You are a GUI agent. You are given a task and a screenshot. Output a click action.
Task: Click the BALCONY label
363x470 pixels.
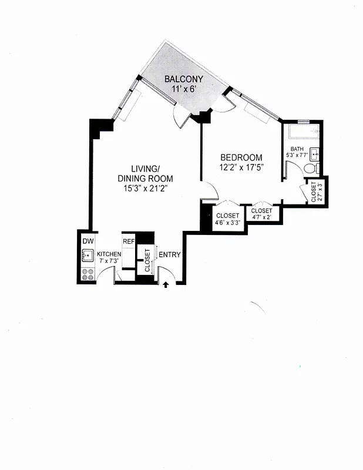(183, 79)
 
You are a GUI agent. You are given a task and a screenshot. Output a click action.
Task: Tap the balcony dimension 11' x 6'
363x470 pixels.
(183, 89)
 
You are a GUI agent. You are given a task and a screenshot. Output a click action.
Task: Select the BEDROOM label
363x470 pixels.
(241, 157)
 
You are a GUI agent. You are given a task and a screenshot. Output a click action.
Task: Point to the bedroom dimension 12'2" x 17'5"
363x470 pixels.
(241, 167)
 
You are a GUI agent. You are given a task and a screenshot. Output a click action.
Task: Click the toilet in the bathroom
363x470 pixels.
(311, 169)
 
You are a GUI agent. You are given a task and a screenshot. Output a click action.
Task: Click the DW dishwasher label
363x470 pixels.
(88, 241)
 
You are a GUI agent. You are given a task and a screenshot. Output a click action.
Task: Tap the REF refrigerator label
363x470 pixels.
(129, 241)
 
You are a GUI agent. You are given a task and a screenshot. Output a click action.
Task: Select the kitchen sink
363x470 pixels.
(88, 256)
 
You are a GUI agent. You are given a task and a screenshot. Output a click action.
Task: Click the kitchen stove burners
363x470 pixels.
(88, 273)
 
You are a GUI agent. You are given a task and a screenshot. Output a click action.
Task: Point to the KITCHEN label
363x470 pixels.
(109, 254)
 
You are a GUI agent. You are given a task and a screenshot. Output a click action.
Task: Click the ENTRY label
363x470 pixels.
(170, 254)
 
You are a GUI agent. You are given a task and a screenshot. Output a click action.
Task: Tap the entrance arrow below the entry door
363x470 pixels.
(166, 285)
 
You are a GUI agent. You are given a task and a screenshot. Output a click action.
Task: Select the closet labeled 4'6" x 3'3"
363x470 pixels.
(227, 219)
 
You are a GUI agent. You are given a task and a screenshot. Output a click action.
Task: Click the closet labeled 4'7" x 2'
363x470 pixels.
(261, 213)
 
